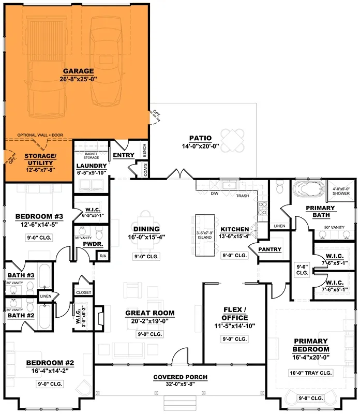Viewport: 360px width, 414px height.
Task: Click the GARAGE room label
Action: tap(78, 71)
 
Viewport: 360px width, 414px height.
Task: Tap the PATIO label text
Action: tap(200, 138)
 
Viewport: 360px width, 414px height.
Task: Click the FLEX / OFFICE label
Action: tap(235, 314)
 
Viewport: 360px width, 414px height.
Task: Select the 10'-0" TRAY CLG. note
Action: tap(311, 373)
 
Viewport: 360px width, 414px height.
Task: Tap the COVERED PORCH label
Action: tap(180, 377)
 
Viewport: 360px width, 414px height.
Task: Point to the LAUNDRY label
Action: tap(92, 166)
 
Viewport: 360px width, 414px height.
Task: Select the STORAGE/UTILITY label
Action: tap(40, 159)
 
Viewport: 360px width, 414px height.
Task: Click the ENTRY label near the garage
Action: tap(124, 155)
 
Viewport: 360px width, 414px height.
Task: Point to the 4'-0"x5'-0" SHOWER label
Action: tap(341, 191)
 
